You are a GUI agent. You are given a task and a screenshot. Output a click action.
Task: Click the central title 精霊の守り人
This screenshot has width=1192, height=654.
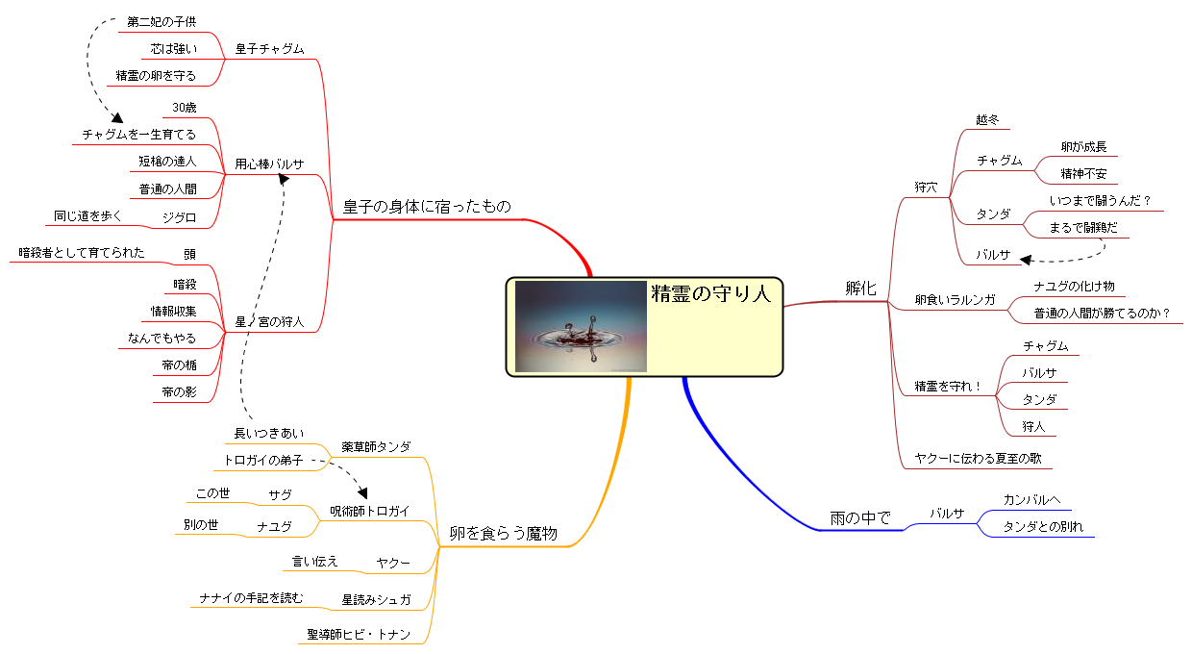click(x=711, y=293)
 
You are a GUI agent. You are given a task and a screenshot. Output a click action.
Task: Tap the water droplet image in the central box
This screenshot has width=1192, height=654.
click(x=581, y=326)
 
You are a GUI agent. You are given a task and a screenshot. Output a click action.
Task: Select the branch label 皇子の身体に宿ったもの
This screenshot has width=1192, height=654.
click(x=427, y=207)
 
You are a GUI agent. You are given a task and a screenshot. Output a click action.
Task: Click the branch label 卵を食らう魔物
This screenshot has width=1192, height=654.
click(x=503, y=533)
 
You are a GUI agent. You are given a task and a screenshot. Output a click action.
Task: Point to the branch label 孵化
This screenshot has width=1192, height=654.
click(x=860, y=289)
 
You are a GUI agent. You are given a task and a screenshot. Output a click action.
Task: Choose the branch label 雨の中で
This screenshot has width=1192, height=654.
click(x=860, y=517)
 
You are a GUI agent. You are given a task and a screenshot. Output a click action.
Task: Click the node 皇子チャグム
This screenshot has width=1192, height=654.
click(x=270, y=49)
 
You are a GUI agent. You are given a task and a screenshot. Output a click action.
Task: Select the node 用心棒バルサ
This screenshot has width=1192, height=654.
click(x=270, y=164)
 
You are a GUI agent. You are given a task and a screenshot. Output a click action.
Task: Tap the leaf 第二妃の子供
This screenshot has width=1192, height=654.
click(x=161, y=22)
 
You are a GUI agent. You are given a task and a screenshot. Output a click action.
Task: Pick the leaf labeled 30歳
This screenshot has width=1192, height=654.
click(x=185, y=108)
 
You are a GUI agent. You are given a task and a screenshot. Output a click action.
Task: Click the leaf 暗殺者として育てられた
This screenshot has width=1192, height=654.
click(x=82, y=252)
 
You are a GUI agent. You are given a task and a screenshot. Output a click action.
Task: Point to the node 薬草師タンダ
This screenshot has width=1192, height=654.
click(x=376, y=447)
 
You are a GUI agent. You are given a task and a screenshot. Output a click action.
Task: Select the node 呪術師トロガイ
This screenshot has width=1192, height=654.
click(x=370, y=512)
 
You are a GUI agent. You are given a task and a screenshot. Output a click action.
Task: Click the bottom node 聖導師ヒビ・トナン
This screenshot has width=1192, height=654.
click(x=359, y=635)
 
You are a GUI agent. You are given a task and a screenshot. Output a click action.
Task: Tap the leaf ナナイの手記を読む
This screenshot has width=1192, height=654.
click(x=251, y=598)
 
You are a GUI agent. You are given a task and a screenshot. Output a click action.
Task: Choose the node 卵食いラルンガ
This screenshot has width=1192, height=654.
click(x=956, y=300)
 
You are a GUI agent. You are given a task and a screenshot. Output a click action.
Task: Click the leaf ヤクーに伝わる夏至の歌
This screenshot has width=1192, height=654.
click(x=978, y=459)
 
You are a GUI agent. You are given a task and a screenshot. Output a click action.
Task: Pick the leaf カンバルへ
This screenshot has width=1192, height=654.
click(x=1031, y=499)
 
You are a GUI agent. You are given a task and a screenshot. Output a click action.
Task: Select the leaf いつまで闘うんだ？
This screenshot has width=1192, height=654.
click(x=1101, y=201)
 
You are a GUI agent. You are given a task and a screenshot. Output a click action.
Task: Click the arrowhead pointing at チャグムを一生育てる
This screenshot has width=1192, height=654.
click(x=117, y=117)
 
